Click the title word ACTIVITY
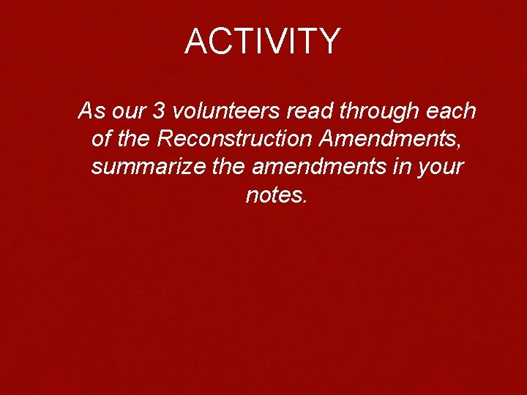[263, 42]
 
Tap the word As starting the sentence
[91, 111]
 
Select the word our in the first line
[129, 112]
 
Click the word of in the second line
[102, 139]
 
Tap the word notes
[273, 195]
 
